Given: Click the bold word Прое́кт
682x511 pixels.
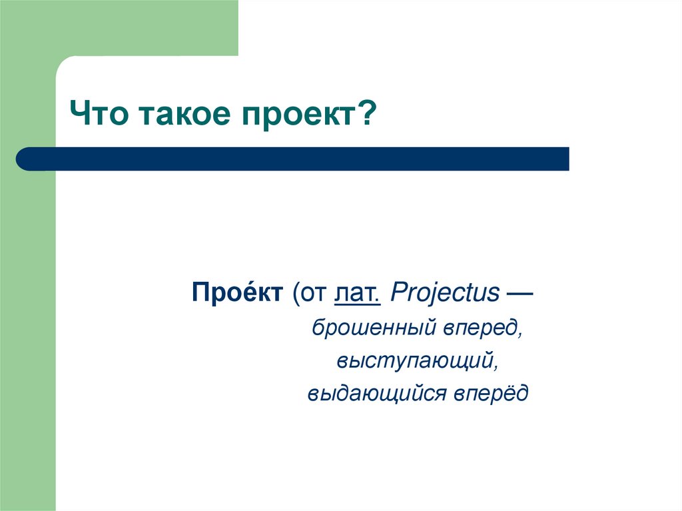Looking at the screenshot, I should [237, 293].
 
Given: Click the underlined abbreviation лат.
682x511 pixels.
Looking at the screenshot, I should [358, 293].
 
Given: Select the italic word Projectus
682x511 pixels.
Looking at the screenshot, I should [445, 294].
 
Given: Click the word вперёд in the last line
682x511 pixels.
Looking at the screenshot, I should [492, 394].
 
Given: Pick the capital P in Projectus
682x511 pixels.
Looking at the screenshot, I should [396, 293].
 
